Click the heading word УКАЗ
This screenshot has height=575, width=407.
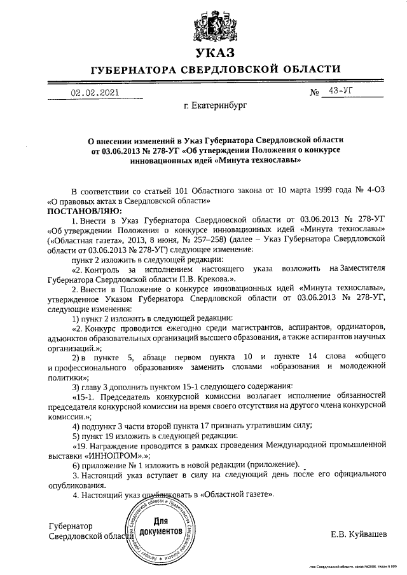(x=215, y=52)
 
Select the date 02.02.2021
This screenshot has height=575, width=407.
(x=95, y=92)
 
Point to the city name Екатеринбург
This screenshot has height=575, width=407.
(x=214, y=105)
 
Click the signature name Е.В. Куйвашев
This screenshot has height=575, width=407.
(x=358, y=534)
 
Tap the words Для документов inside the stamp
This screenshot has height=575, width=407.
(x=162, y=525)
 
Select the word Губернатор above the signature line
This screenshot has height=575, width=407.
(x=71, y=526)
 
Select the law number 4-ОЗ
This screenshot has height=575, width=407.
(x=372, y=190)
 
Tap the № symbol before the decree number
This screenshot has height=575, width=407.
(x=314, y=93)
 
